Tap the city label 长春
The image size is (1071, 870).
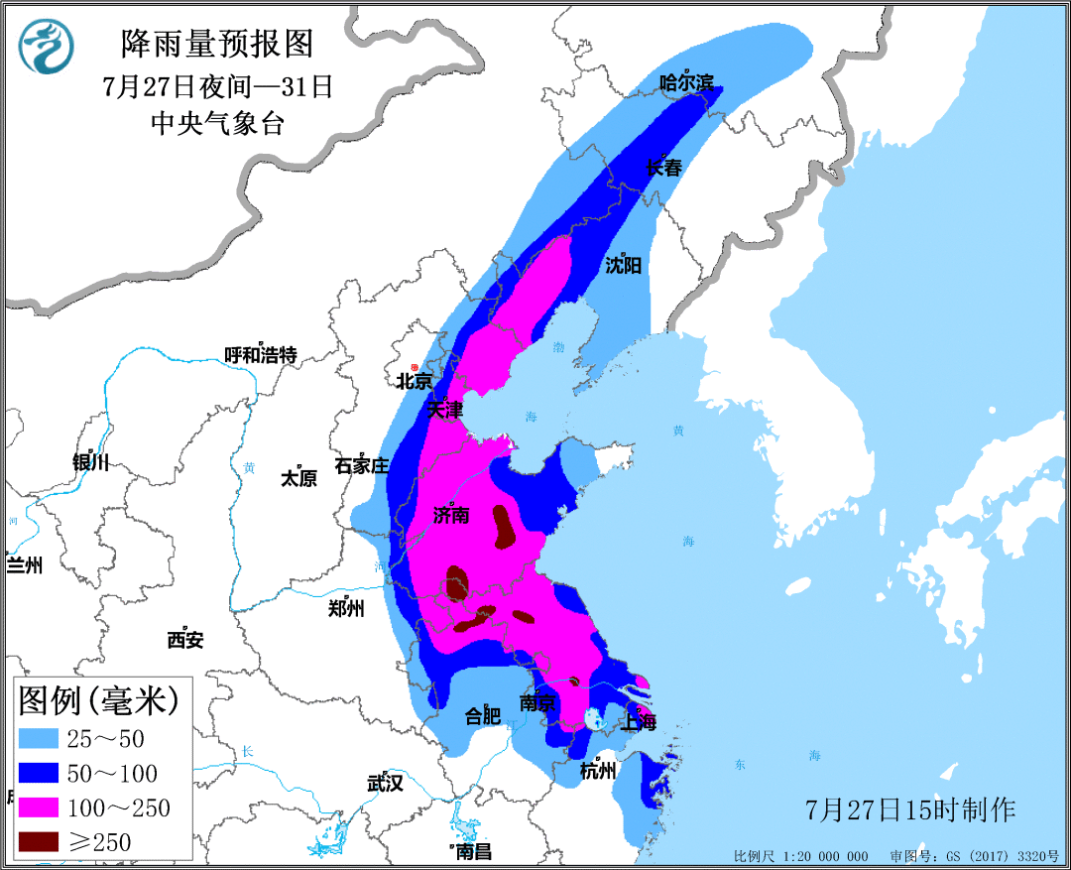(663, 168)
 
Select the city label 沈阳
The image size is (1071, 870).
(624, 265)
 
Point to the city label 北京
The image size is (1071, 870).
(414, 381)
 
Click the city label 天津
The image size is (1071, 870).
(445, 409)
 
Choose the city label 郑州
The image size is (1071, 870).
(346, 608)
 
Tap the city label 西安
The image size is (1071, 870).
(185, 640)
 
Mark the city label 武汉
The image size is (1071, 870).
(385, 783)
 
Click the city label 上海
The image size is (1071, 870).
(639, 723)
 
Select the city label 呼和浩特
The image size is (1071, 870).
(260, 355)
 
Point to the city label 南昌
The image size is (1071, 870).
(473, 851)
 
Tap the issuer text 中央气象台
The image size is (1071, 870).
(216, 123)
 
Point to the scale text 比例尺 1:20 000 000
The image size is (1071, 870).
(800, 856)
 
